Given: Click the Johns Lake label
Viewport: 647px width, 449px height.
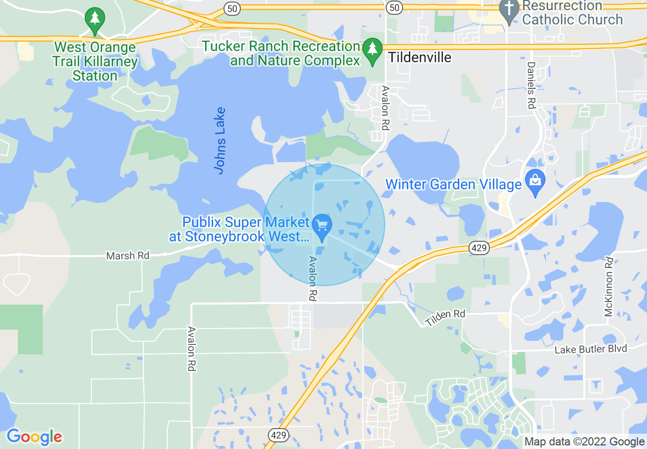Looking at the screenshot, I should (x=220, y=140).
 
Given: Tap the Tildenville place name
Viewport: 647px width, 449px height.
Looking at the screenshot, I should (x=419, y=57).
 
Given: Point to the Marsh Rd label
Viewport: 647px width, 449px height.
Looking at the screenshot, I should (x=128, y=256).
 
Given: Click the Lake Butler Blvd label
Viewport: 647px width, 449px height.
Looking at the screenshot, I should (x=590, y=350).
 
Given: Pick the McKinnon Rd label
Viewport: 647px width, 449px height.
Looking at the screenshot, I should (x=609, y=287).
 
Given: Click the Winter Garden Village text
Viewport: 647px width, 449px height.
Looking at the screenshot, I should (x=453, y=184).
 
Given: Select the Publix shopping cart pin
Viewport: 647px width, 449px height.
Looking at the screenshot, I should (x=322, y=226).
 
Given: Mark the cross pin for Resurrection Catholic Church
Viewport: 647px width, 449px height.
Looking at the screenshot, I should (x=508, y=10).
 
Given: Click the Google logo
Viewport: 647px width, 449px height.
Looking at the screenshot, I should (x=34, y=437).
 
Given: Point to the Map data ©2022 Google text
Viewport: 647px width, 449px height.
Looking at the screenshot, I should (x=584, y=442).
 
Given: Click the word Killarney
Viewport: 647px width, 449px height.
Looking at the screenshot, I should (x=113, y=62).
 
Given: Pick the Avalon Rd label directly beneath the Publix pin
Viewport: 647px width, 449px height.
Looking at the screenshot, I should (x=312, y=278).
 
